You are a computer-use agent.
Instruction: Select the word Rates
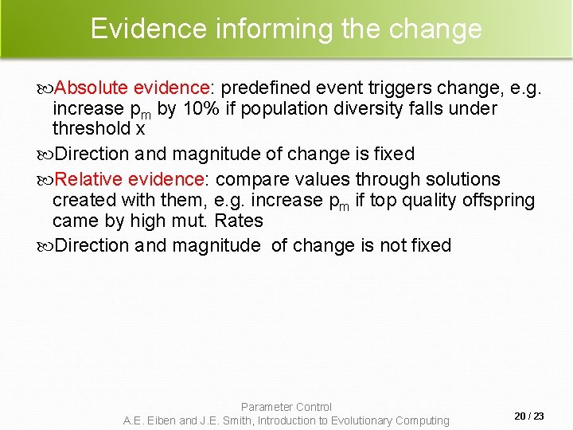click(239, 221)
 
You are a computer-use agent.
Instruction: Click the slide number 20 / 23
click(529, 416)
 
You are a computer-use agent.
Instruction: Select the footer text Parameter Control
click(286, 407)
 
